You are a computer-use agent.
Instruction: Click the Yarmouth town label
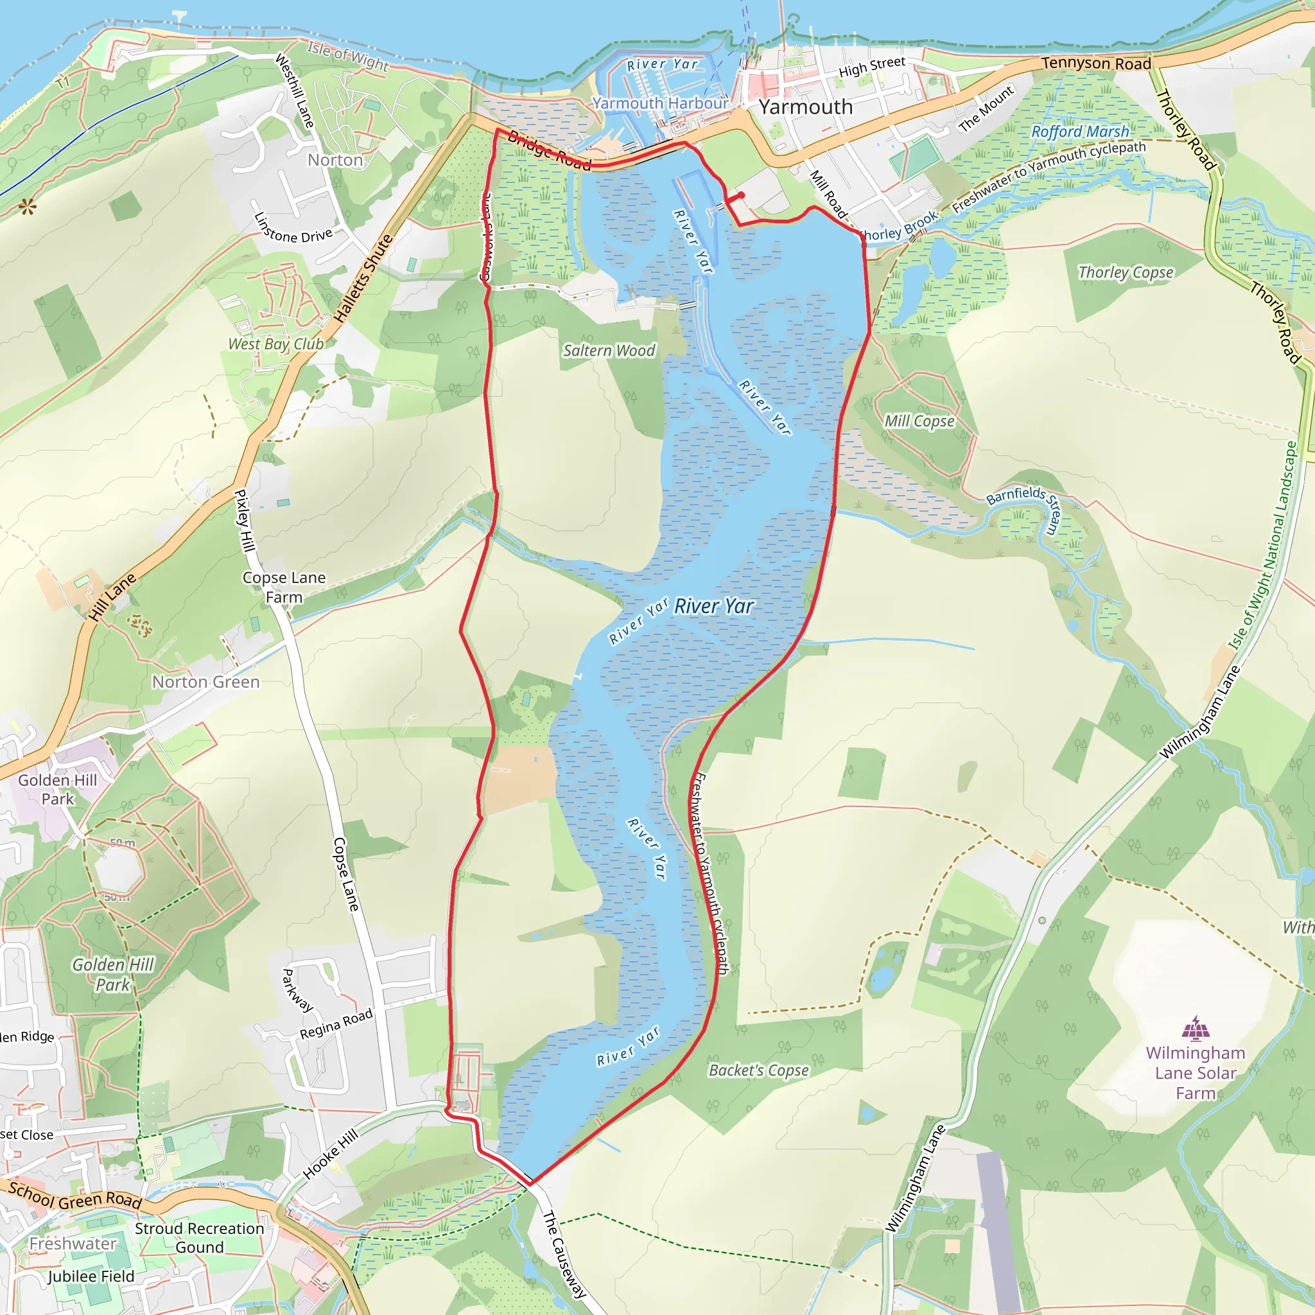[805, 107]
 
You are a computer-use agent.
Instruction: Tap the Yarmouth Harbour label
[659, 103]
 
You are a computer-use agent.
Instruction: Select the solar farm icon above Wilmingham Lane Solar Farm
[1195, 1029]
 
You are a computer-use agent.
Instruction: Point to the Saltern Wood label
[609, 351]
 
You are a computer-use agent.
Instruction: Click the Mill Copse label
[919, 421]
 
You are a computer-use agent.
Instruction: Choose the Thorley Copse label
[1126, 272]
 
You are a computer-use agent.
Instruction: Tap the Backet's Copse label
[758, 1070]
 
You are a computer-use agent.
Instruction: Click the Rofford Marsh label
[1079, 132]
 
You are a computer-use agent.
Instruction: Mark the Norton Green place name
[205, 682]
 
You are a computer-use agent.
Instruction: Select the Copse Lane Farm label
[284, 587]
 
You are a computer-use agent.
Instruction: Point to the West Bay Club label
[275, 344]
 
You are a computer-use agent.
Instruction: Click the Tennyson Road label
[1096, 64]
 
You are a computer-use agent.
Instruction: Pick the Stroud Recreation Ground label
[199, 1237]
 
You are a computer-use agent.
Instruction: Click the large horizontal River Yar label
[713, 605]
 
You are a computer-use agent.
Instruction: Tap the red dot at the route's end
[741, 195]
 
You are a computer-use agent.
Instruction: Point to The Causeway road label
[564, 1255]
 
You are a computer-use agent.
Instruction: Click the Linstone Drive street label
[293, 229]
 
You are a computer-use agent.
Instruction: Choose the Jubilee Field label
[91, 1276]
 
